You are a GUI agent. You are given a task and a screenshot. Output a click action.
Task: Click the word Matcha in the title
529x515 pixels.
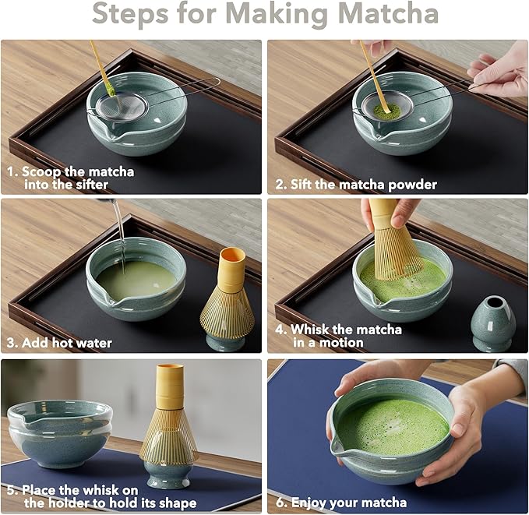pos(388,14)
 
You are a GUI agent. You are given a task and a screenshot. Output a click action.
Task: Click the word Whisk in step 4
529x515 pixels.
pos(310,330)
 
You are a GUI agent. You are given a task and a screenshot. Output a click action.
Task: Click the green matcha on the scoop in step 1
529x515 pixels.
pos(111,88)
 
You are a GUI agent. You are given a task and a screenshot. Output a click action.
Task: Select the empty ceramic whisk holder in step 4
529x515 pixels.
pos(493,323)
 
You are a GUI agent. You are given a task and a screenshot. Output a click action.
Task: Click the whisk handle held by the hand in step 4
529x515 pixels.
pos(383,213)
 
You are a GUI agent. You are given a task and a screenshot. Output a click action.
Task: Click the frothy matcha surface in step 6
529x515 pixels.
pos(393,426)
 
